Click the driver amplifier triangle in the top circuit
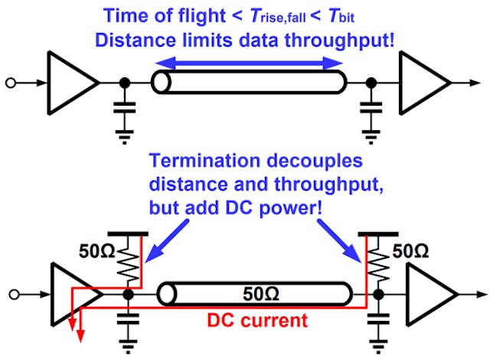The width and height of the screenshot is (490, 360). click(x=71, y=82)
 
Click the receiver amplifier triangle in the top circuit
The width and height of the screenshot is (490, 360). click(x=422, y=82)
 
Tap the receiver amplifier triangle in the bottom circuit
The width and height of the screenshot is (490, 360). click(x=430, y=294)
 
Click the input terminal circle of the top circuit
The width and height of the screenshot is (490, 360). click(x=8, y=82)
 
